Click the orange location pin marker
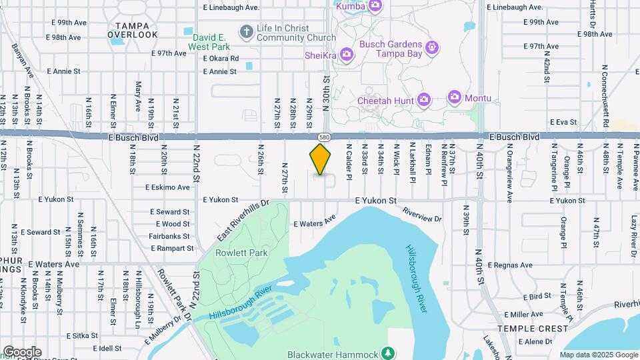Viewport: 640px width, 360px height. (321, 159)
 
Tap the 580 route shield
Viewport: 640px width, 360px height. (323, 137)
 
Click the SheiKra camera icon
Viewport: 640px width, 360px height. (346, 55)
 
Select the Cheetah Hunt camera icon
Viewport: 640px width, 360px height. (423, 101)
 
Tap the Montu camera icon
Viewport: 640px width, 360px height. (455, 98)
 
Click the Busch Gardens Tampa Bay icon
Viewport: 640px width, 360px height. (432, 48)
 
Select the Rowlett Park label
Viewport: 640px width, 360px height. (232, 253)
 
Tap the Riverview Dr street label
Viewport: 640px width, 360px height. (423, 215)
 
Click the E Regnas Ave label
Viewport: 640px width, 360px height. (510, 265)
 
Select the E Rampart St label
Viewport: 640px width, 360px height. (171, 248)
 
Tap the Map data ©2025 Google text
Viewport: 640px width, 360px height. (599, 355)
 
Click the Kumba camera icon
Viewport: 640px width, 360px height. (375, 6)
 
